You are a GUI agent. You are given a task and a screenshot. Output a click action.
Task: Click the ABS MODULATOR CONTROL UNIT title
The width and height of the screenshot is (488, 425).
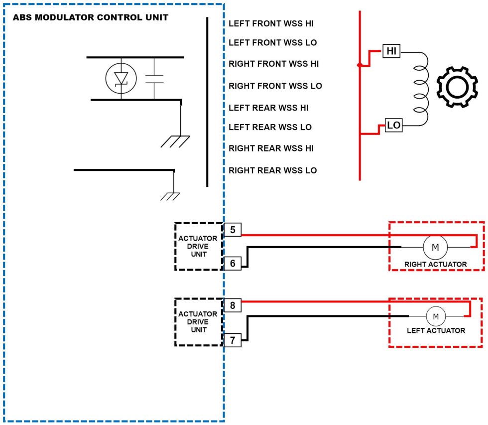[90, 17]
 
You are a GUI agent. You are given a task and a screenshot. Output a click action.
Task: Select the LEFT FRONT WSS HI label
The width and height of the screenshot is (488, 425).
[271, 23]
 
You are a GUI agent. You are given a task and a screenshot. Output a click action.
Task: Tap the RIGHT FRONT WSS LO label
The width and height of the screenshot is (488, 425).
[275, 86]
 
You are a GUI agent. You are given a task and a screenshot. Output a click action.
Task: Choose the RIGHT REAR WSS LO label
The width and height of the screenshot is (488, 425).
[272, 170]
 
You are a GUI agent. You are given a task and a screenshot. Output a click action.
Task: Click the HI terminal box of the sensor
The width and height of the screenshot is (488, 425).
[391, 50]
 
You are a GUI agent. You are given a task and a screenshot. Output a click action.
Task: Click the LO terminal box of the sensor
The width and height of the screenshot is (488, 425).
[394, 126]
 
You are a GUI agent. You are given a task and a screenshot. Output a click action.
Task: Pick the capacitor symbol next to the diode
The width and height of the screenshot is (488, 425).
[154, 79]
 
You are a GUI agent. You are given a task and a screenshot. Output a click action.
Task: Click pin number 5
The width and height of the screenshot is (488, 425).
[233, 230]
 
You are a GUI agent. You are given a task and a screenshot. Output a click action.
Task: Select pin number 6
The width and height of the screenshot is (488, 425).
[233, 263]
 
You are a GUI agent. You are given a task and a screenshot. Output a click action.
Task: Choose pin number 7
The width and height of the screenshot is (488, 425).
[233, 340]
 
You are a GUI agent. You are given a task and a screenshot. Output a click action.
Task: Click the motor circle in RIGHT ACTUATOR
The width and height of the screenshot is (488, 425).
[435, 247]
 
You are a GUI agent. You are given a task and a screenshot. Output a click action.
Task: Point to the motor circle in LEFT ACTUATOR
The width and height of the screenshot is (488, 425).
[436, 316]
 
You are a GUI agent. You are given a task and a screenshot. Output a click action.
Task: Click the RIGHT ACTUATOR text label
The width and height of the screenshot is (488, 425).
[435, 265]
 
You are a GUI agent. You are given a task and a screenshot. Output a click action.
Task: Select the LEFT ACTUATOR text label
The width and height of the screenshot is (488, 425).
[436, 330]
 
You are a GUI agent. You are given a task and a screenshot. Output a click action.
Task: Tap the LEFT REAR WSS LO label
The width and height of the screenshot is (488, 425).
[270, 128]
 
